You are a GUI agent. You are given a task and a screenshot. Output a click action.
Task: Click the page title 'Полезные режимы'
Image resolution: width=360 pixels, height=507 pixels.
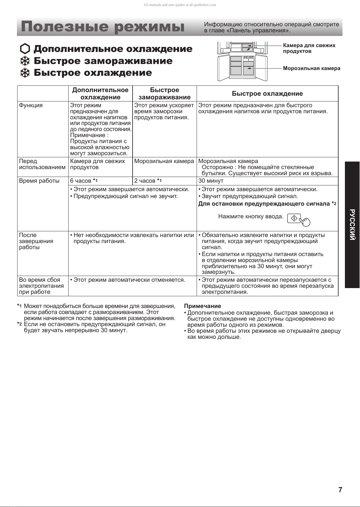[x=103, y=27]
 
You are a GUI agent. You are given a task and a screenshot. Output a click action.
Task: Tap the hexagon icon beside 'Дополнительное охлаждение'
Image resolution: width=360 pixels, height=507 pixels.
[x=25, y=49]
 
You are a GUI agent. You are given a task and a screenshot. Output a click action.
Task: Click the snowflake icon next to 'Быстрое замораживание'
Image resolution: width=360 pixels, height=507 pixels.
[x=25, y=61]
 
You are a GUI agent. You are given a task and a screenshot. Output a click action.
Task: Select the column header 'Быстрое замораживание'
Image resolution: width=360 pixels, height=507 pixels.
[x=164, y=94]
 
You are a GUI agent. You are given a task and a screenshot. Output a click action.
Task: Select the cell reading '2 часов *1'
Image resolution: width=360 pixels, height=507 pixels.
[x=148, y=181]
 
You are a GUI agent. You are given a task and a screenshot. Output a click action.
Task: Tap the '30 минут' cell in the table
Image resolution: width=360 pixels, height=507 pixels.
[x=211, y=181]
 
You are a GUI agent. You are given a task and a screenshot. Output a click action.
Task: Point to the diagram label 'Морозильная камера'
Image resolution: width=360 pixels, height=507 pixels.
[x=311, y=68]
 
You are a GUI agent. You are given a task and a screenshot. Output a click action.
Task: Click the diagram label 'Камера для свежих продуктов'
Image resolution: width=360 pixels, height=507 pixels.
[x=309, y=48]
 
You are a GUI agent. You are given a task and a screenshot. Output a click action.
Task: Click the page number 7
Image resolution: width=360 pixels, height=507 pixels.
[x=340, y=490]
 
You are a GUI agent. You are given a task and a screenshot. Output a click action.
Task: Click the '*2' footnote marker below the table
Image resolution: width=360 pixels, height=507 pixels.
[x=20, y=324]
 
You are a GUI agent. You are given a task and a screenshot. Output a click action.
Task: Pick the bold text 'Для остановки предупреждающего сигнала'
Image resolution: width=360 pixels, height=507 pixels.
[x=264, y=204]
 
